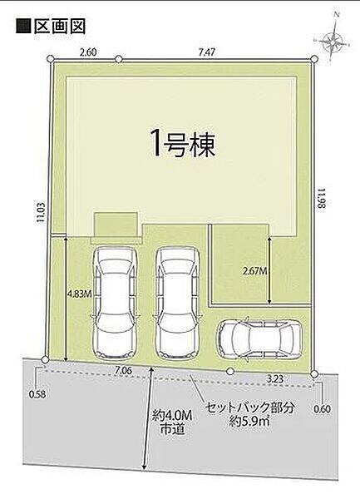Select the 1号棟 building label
click(x=182, y=146)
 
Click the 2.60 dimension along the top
click(x=86, y=52)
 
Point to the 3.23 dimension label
click(x=275, y=379)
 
